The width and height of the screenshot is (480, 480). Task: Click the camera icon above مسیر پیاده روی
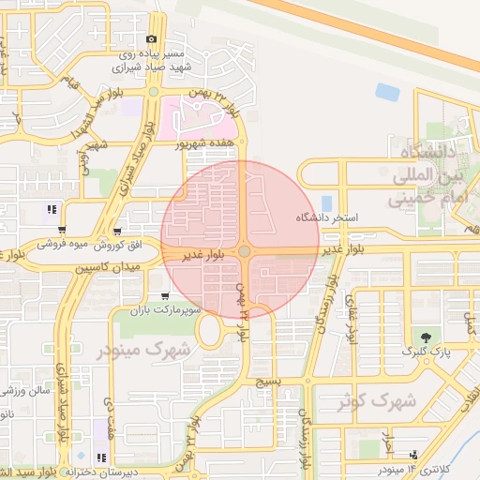click(151, 38)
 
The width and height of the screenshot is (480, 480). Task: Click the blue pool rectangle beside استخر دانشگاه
click(326, 202)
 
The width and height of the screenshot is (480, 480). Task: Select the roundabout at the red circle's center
click(245, 251)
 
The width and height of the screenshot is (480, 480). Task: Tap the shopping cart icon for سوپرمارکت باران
click(165, 296)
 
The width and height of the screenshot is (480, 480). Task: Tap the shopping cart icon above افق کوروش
click(116, 232)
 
